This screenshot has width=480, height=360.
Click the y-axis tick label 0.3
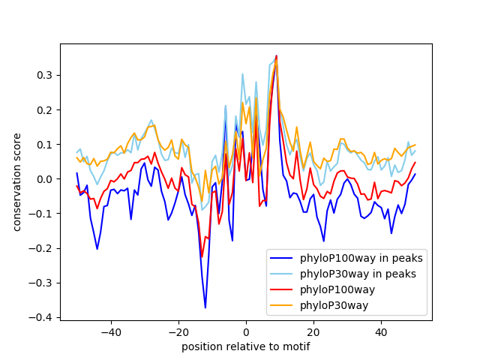44,75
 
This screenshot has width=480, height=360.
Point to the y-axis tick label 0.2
44,110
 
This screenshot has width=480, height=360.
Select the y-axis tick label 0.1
44,145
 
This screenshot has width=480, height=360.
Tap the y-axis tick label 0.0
44,179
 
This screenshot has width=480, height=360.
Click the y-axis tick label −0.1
40,214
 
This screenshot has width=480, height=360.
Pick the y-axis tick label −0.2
40,248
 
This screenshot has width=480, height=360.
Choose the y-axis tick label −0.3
40,283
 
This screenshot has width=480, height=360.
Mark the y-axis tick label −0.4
40,318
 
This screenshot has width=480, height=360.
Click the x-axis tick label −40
111,332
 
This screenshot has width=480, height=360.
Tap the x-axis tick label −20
178,332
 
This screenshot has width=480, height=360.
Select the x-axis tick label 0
246,332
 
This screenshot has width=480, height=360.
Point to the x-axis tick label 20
313,332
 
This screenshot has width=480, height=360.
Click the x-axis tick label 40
382,332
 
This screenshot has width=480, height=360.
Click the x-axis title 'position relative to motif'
246,346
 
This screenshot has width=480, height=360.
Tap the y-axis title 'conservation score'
16,182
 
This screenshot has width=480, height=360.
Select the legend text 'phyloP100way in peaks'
361,258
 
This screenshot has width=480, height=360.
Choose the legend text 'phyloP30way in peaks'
358,274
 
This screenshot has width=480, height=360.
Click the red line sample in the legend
281,289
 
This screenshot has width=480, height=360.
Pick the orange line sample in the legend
281,305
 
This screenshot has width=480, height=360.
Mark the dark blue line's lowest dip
205,307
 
